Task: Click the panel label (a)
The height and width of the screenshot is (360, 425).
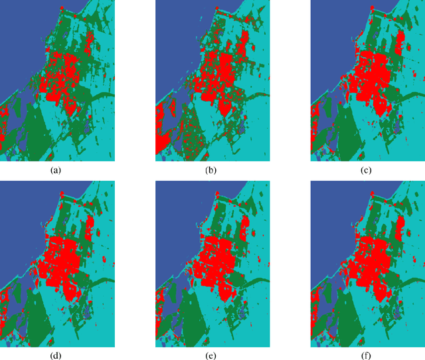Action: pos(56,170)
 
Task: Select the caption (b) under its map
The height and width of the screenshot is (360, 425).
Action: pos(211,170)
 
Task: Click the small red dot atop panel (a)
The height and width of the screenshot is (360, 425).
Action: pos(61,7)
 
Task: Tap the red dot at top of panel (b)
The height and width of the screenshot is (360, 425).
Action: pos(216,7)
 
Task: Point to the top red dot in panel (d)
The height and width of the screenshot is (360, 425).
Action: pos(61,193)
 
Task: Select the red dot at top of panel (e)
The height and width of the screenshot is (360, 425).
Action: pos(216,193)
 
